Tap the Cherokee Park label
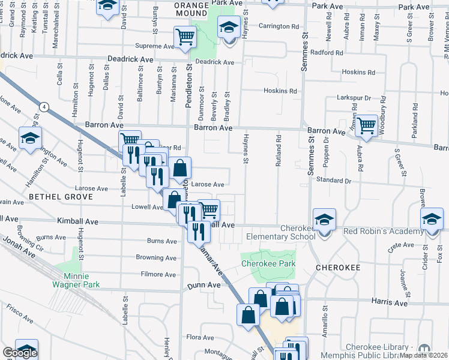pyautogui.click(x=268, y=263)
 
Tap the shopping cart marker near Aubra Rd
pyautogui.click(x=366, y=126)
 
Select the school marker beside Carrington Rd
pyautogui.click(x=228, y=28)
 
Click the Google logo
pyautogui.click(x=19, y=353)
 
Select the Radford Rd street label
pyautogui.click(x=327, y=52)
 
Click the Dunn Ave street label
pyautogui.click(x=201, y=286)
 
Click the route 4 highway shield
pyautogui.click(x=44, y=106)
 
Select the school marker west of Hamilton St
pyautogui.click(x=29, y=139)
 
